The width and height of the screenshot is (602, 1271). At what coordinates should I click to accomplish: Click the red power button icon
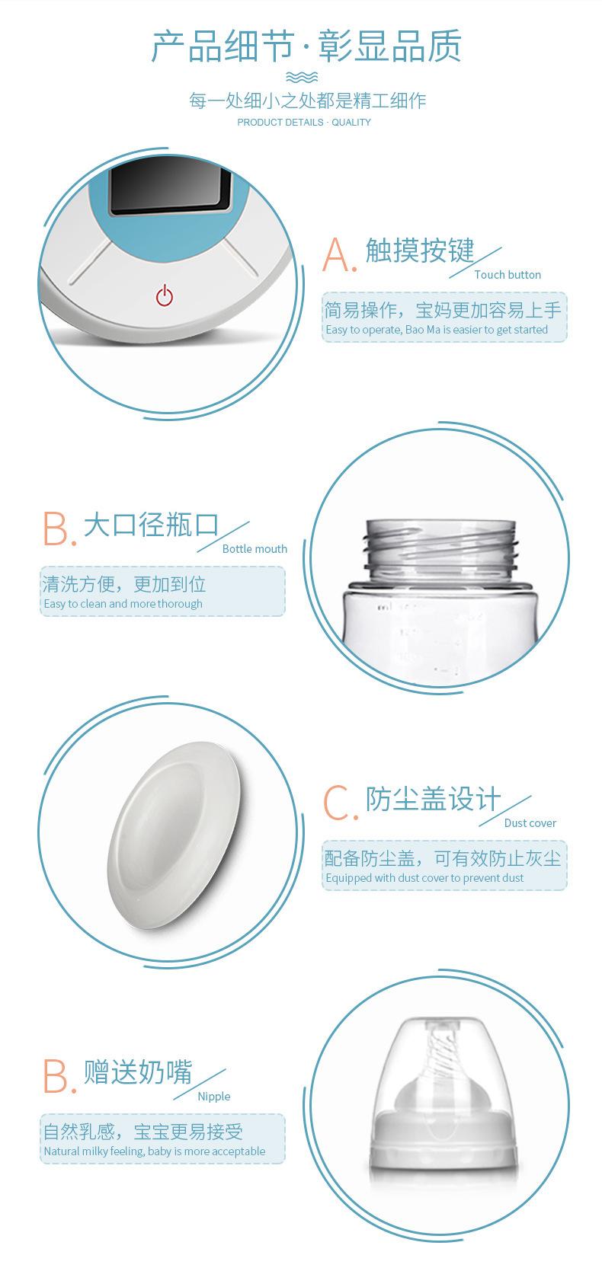tap(164, 295)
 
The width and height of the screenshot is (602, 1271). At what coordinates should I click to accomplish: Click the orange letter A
tap(339, 255)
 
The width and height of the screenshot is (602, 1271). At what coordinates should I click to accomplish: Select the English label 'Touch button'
tap(508, 275)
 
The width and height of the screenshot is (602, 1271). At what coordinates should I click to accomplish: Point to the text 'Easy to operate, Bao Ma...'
tap(437, 330)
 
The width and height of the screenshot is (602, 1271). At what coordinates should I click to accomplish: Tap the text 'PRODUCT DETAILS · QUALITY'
tap(304, 122)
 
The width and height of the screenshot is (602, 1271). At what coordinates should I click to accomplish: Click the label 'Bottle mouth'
tap(255, 549)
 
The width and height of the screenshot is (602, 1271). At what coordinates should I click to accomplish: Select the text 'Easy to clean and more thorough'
tap(123, 604)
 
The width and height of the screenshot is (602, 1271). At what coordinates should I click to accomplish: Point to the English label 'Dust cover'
tap(530, 823)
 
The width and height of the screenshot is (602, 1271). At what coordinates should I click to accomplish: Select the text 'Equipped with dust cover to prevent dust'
tap(424, 878)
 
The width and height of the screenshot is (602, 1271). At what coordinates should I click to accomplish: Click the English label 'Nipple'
tap(214, 1097)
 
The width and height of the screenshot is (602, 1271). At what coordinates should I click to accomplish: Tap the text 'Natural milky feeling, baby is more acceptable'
tap(155, 1151)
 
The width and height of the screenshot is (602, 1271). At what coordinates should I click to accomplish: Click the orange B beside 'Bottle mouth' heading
tap(59, 529)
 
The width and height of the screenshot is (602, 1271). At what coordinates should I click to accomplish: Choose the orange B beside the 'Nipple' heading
tap(59, 1076)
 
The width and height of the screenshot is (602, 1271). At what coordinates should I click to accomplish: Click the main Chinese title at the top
tap(306, 46)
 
